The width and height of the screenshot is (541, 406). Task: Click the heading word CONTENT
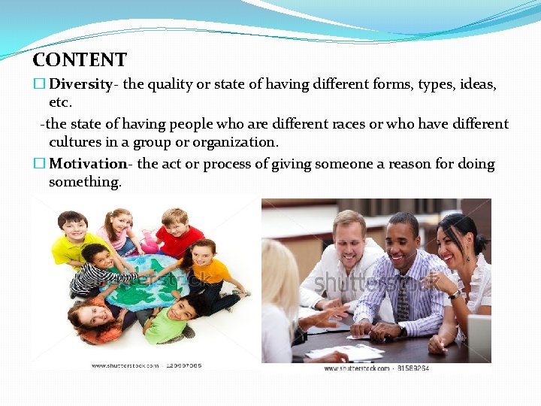tap(80, 59)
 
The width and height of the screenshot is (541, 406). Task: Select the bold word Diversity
tap(80, 84)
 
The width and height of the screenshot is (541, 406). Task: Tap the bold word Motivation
tap(87, 164)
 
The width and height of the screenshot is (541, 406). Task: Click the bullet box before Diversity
tap(39, 85)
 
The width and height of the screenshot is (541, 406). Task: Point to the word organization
tap(234, 142)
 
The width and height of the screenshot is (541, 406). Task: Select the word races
tap(329, 124)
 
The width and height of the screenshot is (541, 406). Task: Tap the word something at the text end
tap(84, 182)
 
